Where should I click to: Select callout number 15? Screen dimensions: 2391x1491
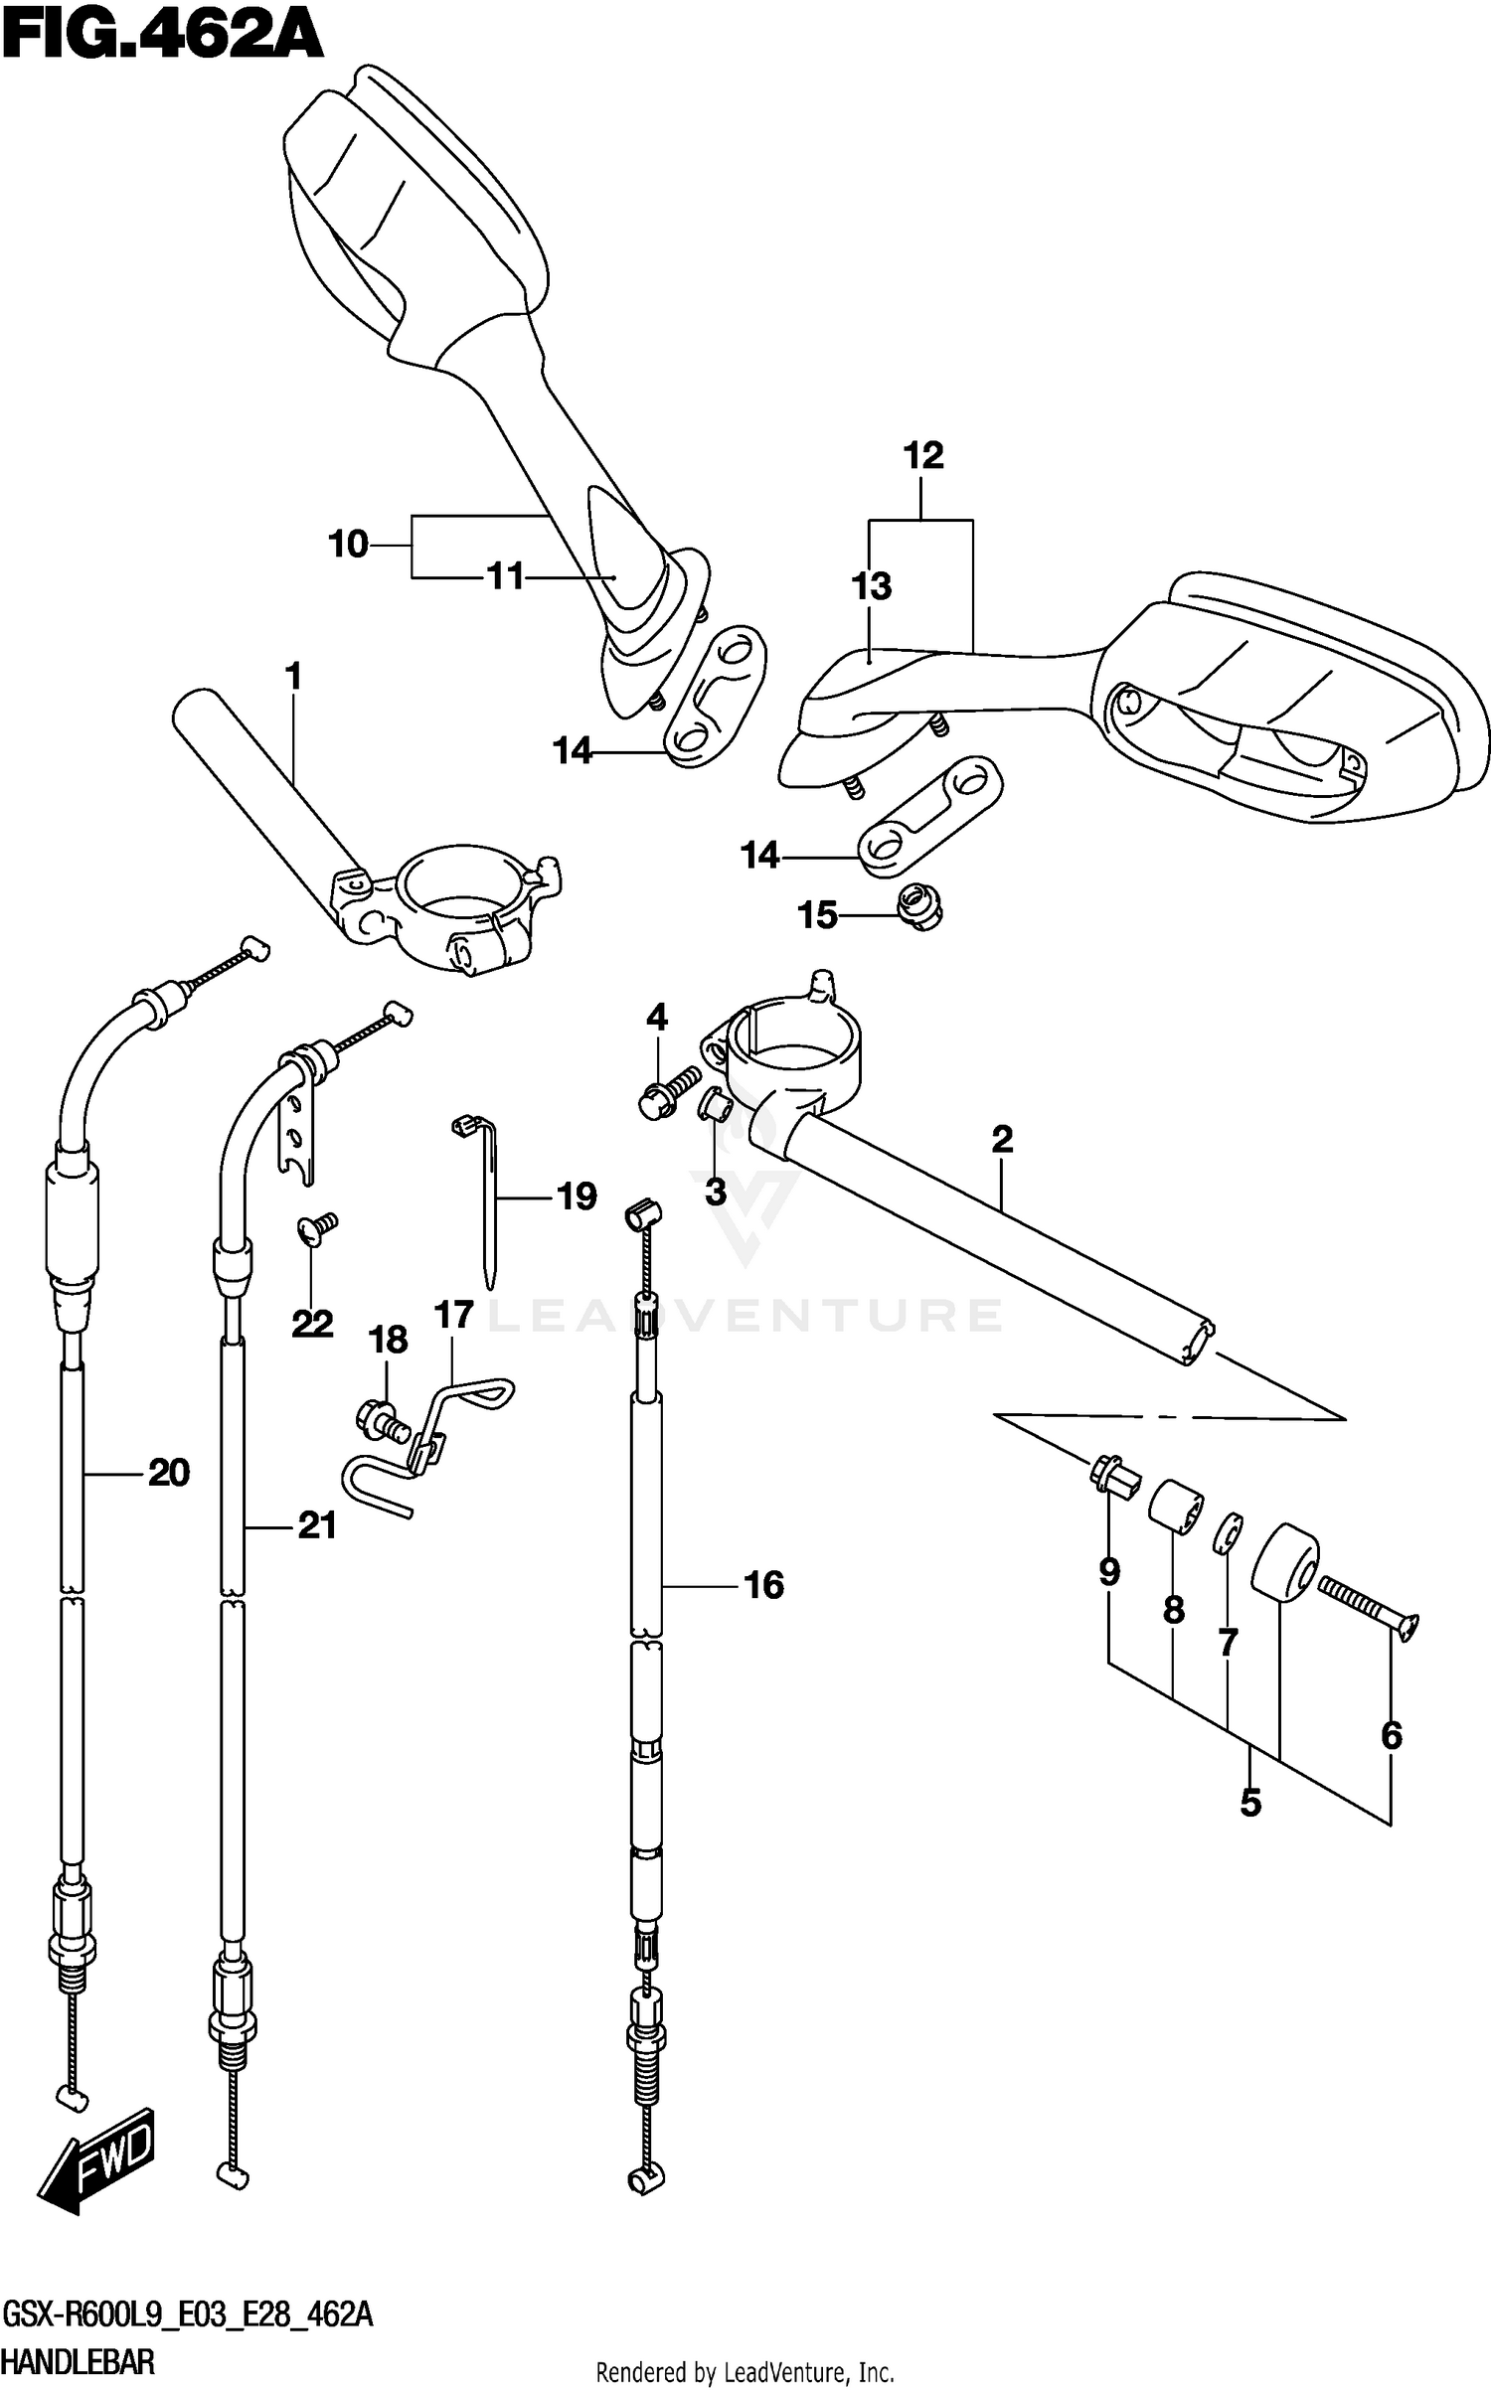818,915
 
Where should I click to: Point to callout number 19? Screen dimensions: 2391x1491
577,1196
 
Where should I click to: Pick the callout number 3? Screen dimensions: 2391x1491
716,1191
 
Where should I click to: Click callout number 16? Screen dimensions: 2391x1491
763,1584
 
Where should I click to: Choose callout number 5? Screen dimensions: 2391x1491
1250,1802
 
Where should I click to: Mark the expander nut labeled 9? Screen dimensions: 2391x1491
1114,1475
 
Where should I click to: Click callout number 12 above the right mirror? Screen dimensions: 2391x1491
922,456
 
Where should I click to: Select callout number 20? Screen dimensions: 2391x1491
169,1472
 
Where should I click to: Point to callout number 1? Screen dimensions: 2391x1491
292,677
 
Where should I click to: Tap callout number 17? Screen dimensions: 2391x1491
453,1315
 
